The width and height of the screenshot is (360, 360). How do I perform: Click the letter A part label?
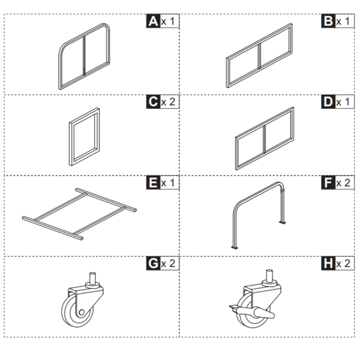pyautogui.click(x=153, y=21)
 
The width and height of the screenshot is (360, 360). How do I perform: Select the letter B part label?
pyautogui.click(x=328, y=21)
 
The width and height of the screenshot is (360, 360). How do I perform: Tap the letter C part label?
pyautogui.click(x=153, y=102)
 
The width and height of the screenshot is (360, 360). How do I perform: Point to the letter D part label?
pyautogui.click(x=328, y=102)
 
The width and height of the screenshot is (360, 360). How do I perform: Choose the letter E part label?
pyautogui.click(x=153, y=183)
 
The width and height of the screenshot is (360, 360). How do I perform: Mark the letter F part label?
pyautogui.click(x=328, y=183)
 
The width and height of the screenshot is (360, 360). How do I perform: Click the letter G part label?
pyautogui.click(x=153, y=264)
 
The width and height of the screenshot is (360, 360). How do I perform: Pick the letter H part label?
pyautogui.click(x=328, y=264)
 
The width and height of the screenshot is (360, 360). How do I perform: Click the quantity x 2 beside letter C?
pyautogui.click(x=168, y=102)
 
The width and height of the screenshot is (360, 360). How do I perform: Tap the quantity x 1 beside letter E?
pyautogui.click(x=168, y=183)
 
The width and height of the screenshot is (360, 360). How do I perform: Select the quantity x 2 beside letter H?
pyautogui.click(x=343, y=264)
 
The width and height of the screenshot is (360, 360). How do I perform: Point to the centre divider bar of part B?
pyautogui.click(x=259, y=56)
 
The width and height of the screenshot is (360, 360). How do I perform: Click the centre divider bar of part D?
pyautogui.click(x=264, y=140)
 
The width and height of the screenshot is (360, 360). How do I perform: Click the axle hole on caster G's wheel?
pyautogui.click(x=81, y=311)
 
